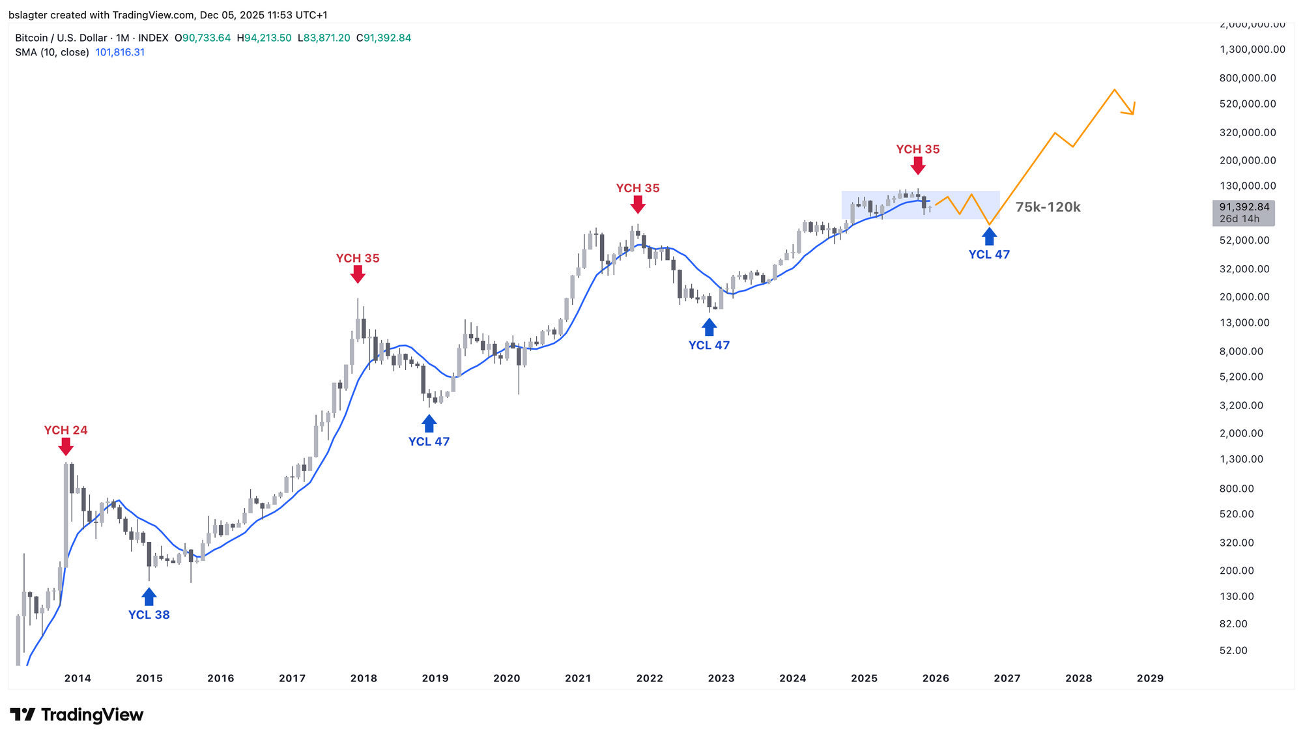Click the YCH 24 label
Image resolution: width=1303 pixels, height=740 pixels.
click(x=66, y=430)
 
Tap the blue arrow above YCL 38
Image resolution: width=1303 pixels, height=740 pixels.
click(x=149, y=597)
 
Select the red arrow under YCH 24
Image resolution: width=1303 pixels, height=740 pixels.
click(x=66, y=447)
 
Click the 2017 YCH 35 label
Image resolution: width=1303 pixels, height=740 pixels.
click(x=358, y=258)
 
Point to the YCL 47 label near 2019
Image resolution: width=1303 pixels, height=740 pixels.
click(x=429, y=442)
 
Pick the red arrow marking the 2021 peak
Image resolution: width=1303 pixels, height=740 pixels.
click(x=638, y=205)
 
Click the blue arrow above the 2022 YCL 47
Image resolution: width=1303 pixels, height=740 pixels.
click(x=709, y=327)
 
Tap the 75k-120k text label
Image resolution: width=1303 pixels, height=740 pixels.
click(x=1048, y=207)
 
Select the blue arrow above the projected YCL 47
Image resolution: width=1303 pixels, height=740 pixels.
click(x=990, y=236)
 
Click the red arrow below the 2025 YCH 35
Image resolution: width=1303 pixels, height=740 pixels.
click(x=918, y=166)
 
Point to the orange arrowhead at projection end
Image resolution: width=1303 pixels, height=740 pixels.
click(x=1132, y=109)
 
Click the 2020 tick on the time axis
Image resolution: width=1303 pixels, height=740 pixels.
click(x=507, y=678)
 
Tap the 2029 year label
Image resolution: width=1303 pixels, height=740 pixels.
click(x=1150, y=678)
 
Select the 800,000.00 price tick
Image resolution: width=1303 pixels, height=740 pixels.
click(x=1248, y=78)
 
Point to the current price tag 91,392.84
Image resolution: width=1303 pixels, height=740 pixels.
click(x=1244, y=207)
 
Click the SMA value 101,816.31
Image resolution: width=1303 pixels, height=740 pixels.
click(x=120, y=52)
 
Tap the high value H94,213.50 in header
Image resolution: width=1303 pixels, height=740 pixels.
click(x=264, y=38)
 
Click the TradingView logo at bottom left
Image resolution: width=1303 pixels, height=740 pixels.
click(x=77, y=715)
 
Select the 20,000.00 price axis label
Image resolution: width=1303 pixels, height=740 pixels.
click(x=1244, y=297)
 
